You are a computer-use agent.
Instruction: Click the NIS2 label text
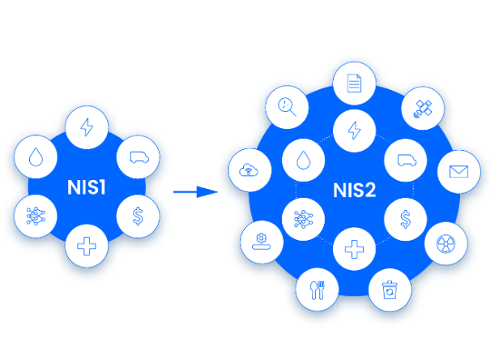[355, 191]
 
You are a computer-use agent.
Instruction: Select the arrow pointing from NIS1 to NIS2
[195, 192]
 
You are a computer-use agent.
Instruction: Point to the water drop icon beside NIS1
[36, 158]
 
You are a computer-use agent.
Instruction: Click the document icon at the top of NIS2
[354, 83]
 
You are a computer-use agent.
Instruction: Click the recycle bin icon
[390, 288]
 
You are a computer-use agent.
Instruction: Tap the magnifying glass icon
[287, 105]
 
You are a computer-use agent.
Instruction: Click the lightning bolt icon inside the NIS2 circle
[354, 130]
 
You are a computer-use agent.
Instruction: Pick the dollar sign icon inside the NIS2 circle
[404, 218]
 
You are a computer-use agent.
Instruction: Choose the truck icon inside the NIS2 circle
[404, 160]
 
